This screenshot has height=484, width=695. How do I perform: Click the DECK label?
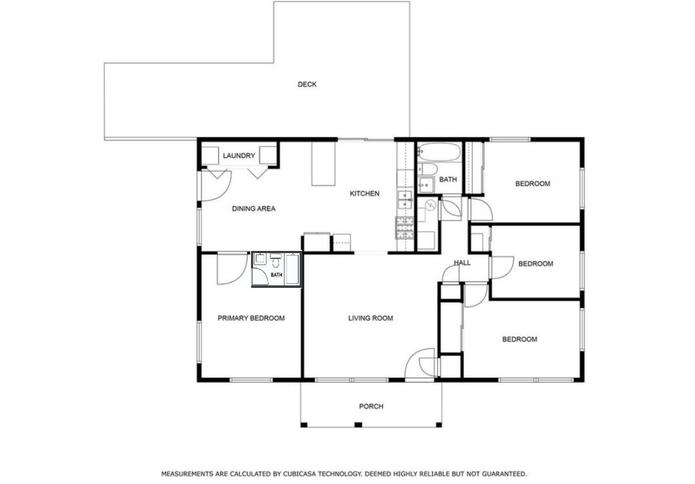(x=307, y=84)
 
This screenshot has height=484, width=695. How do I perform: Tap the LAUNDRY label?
(x=239, y=155)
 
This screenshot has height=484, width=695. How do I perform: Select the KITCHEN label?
(x=364, y=193)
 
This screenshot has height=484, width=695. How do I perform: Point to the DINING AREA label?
(x=254, y=208)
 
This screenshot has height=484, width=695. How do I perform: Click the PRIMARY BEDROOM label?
(x=251, y=318)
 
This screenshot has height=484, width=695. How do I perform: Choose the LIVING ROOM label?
(x=370, y=318)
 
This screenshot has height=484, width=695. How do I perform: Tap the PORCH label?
(x=371, y=406)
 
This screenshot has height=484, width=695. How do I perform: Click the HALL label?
(x=462, y=263)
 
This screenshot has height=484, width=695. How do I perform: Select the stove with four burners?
(x=404, y=228)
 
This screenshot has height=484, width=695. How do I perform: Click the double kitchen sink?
(x=404, y=200)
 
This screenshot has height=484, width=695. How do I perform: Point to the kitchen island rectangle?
(x=323, y=163)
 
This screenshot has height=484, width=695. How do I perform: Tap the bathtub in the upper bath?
(x=438, y=152)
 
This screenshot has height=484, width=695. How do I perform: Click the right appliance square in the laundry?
(x=268, y=155)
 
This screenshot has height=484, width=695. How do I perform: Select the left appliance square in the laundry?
(x=210, y=155)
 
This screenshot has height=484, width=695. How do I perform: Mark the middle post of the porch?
(x=358, y=425)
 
